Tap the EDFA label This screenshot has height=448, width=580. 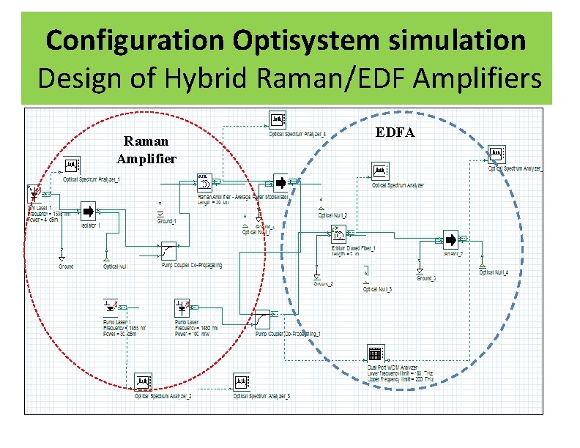pyautogui.click(x=395, y=132)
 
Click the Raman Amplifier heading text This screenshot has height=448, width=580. pyautogui.click(x=146, y=149)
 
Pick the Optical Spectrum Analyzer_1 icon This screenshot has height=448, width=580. pyautogui.click(x=72, y=165)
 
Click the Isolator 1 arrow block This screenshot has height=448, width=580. pyautogui.click(x=88, y=212)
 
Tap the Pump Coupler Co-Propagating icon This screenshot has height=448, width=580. pyautogui.click(x=169, y=250)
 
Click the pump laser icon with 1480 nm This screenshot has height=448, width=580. pyautogui.click(x=182, y=307)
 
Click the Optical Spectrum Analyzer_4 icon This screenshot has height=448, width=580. pyautogui.click(x=278, y=120)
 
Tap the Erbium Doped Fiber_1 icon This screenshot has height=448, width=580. pyautogui.click(x=340, y=234)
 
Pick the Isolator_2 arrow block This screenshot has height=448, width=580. pyautogui.click(x=450, y=239)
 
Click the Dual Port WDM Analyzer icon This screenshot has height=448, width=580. pyautogui.click(x=376, y=351)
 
